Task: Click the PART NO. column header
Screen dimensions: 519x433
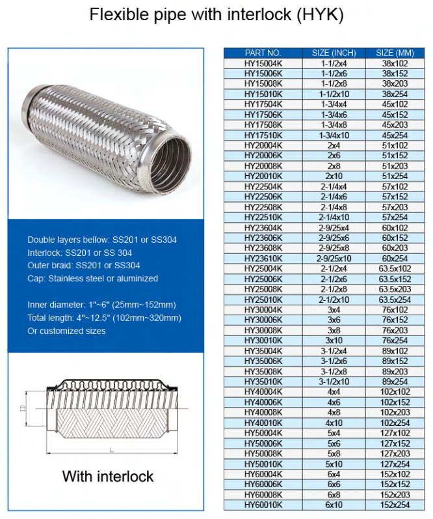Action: coord(263,53)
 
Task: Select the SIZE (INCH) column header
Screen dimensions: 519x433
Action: coord(334,53)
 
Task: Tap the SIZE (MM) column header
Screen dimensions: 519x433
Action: coord(395,53)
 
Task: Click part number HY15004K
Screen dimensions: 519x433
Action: coord(263,63)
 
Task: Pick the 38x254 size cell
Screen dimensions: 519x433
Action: coord(395,94)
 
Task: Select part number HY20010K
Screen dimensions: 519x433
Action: coord(263,176)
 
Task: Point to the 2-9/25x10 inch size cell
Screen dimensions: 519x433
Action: coord(334,259)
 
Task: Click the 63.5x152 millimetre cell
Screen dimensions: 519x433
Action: coord(395,279)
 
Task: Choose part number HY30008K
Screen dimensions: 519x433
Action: coord(263,330)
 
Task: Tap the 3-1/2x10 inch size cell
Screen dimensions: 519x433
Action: coord(334,382)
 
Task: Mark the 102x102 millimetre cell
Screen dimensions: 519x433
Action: coord(395,392)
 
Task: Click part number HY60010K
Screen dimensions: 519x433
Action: coord(263,505)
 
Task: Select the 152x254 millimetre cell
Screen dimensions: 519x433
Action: coord(395,505)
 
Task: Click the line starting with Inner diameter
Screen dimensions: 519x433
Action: coord(101,305)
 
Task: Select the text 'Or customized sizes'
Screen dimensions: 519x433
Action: coord(66,331)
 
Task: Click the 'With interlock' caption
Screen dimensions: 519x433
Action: coord(108,476)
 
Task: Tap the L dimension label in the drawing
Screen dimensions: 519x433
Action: coord(111,450)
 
